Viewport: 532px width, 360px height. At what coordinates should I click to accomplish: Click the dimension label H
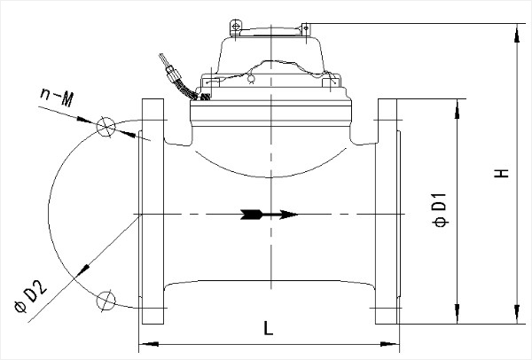[x=502, y=174]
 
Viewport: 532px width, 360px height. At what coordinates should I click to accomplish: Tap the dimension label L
[x=268, y=329]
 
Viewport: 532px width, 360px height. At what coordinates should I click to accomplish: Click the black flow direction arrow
[x=267, y=214]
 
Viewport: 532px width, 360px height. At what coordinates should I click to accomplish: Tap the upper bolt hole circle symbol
[x=107, y=126]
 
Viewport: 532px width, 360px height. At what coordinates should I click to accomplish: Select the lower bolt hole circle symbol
[x=107, y=301]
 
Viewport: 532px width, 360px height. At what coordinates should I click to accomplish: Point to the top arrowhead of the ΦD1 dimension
[x=458, y=106]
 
